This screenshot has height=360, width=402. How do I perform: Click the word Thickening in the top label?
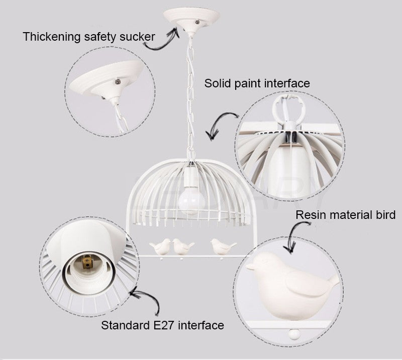pos(52,37)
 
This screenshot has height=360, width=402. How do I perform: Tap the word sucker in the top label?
pos(137,37)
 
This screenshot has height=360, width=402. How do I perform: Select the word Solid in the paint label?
pos(218,83)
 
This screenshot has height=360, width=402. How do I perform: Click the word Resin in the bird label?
pos(311,215)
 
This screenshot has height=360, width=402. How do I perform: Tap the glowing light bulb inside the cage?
pos(191,201)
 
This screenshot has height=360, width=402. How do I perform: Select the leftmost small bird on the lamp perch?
pos(160,247)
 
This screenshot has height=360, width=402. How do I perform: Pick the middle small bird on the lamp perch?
pos(182,247)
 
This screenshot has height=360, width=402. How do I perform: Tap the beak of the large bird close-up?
pos(249,267)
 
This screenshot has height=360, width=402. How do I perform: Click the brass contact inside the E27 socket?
pos(87,263)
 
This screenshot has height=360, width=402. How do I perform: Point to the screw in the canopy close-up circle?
pos(118,82)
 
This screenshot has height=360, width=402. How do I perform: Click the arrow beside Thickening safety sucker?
pos(161,39)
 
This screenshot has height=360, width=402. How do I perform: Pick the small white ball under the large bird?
pos(294,334)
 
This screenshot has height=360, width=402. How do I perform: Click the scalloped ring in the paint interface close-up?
pos(289,107)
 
